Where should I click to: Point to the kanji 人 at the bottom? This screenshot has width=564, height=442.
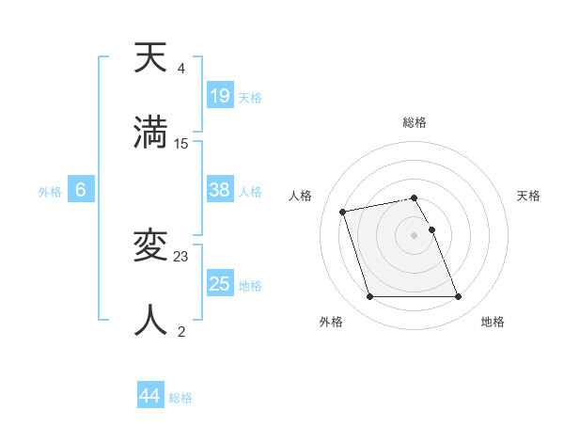point(151,320)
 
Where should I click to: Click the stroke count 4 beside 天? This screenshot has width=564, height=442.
point(181,69)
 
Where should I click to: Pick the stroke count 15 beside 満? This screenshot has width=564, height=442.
point(181,143)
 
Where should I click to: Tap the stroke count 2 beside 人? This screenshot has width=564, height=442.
point(181,331)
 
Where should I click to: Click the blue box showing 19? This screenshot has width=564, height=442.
point(219,95)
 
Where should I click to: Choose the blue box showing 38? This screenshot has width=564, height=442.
point(219,190)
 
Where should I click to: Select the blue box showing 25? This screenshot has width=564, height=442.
point(219,283)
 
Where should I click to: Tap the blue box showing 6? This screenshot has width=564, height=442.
point(81,190)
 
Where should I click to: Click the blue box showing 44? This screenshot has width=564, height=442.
point(150,396)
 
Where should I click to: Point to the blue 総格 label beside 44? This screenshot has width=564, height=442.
point(180,398)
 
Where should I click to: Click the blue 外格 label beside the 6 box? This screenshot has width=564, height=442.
point(50,191)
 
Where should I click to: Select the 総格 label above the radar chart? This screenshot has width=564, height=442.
point(415,122)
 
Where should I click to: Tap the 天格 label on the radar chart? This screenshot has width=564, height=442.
point(528,196)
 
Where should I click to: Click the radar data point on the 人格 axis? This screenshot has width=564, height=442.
point(343,211)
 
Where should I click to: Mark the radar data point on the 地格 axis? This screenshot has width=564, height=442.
point(458,297)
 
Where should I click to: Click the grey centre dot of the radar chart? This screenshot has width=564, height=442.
point(415,234)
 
